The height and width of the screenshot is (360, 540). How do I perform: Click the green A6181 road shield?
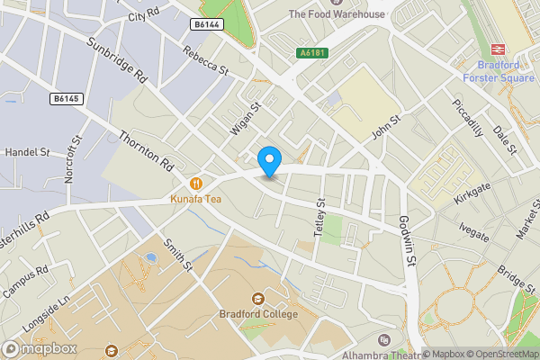coord(312,53)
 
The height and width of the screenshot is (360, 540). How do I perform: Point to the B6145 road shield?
coord(65,98)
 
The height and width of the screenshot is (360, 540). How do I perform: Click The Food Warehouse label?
coord(337,14)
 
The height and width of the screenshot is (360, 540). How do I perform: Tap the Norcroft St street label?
coord(72,160)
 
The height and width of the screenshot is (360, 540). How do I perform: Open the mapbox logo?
coord(40,348)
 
